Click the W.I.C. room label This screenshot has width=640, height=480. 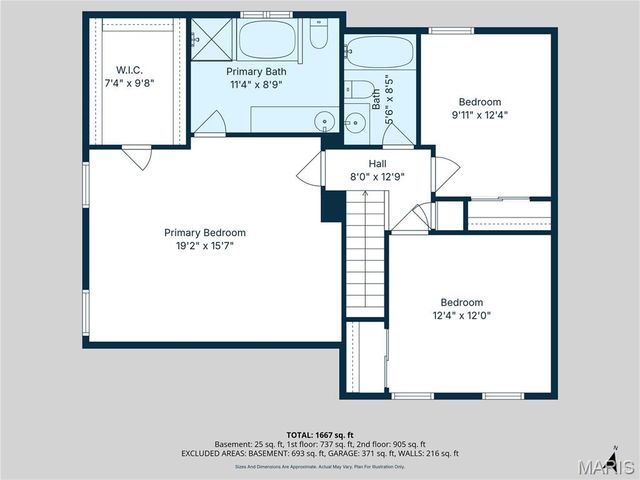tap(129, 70)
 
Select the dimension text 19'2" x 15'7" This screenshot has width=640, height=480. tap(205, 246)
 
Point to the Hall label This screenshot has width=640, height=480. tap(377, 163)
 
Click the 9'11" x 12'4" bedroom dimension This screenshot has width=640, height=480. tap(480, 115)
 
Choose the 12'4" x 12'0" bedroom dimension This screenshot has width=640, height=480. tap(462, 315)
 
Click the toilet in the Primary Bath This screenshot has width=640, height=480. tap(319, 35)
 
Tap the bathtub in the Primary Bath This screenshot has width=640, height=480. tap(267, 40)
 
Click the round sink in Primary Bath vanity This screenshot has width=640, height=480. tap(324, 122)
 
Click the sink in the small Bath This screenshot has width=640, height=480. tap(354, 123)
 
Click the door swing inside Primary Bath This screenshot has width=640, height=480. tap(209, 124)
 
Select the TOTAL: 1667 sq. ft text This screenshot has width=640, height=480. tap(319, 435)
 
